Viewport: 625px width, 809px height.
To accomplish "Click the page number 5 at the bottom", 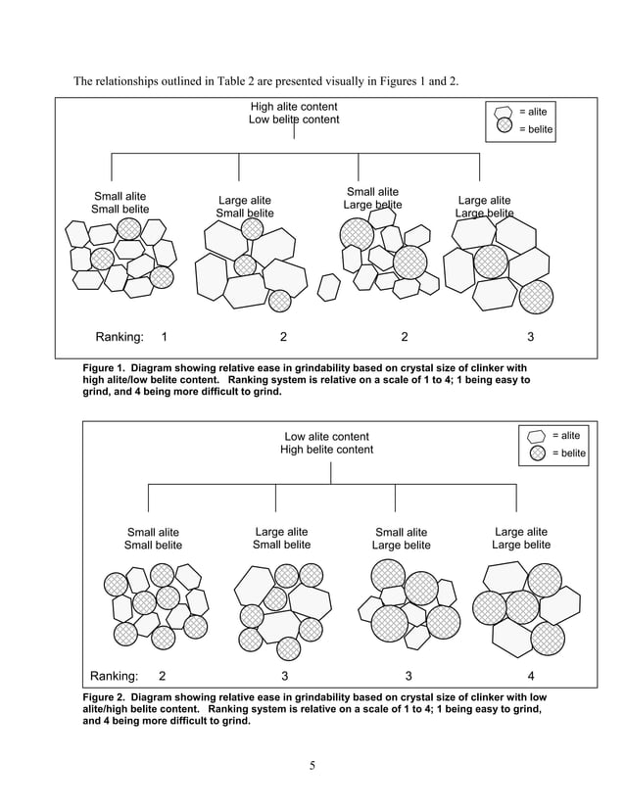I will pos(312,765).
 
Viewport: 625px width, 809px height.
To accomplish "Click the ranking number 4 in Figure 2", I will pos(531,675).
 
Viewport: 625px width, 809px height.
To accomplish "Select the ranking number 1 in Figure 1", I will pos(163,337).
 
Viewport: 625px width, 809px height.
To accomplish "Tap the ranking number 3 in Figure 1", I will pos(530,337).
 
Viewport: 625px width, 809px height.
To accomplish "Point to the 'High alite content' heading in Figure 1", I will pos(294,107).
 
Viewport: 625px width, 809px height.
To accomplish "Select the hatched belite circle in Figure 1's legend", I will pos(505,126).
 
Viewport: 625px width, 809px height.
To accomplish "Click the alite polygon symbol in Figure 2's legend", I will pos(537,436).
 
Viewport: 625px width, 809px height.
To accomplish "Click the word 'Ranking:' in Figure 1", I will pos(119,337).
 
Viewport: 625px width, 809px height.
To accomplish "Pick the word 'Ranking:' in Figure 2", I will pos(114,675).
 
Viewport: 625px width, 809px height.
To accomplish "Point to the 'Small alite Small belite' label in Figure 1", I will pos(120,203).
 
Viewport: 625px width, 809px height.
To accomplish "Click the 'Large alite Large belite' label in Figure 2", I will pos(521,538).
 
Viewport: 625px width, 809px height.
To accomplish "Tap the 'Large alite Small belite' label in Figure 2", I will pos(282,538).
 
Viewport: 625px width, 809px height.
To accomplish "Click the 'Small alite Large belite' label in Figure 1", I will pos(372,198).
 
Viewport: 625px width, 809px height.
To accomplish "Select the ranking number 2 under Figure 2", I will pos(162,675).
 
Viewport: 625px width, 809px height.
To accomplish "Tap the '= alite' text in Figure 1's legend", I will pos(533,112).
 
